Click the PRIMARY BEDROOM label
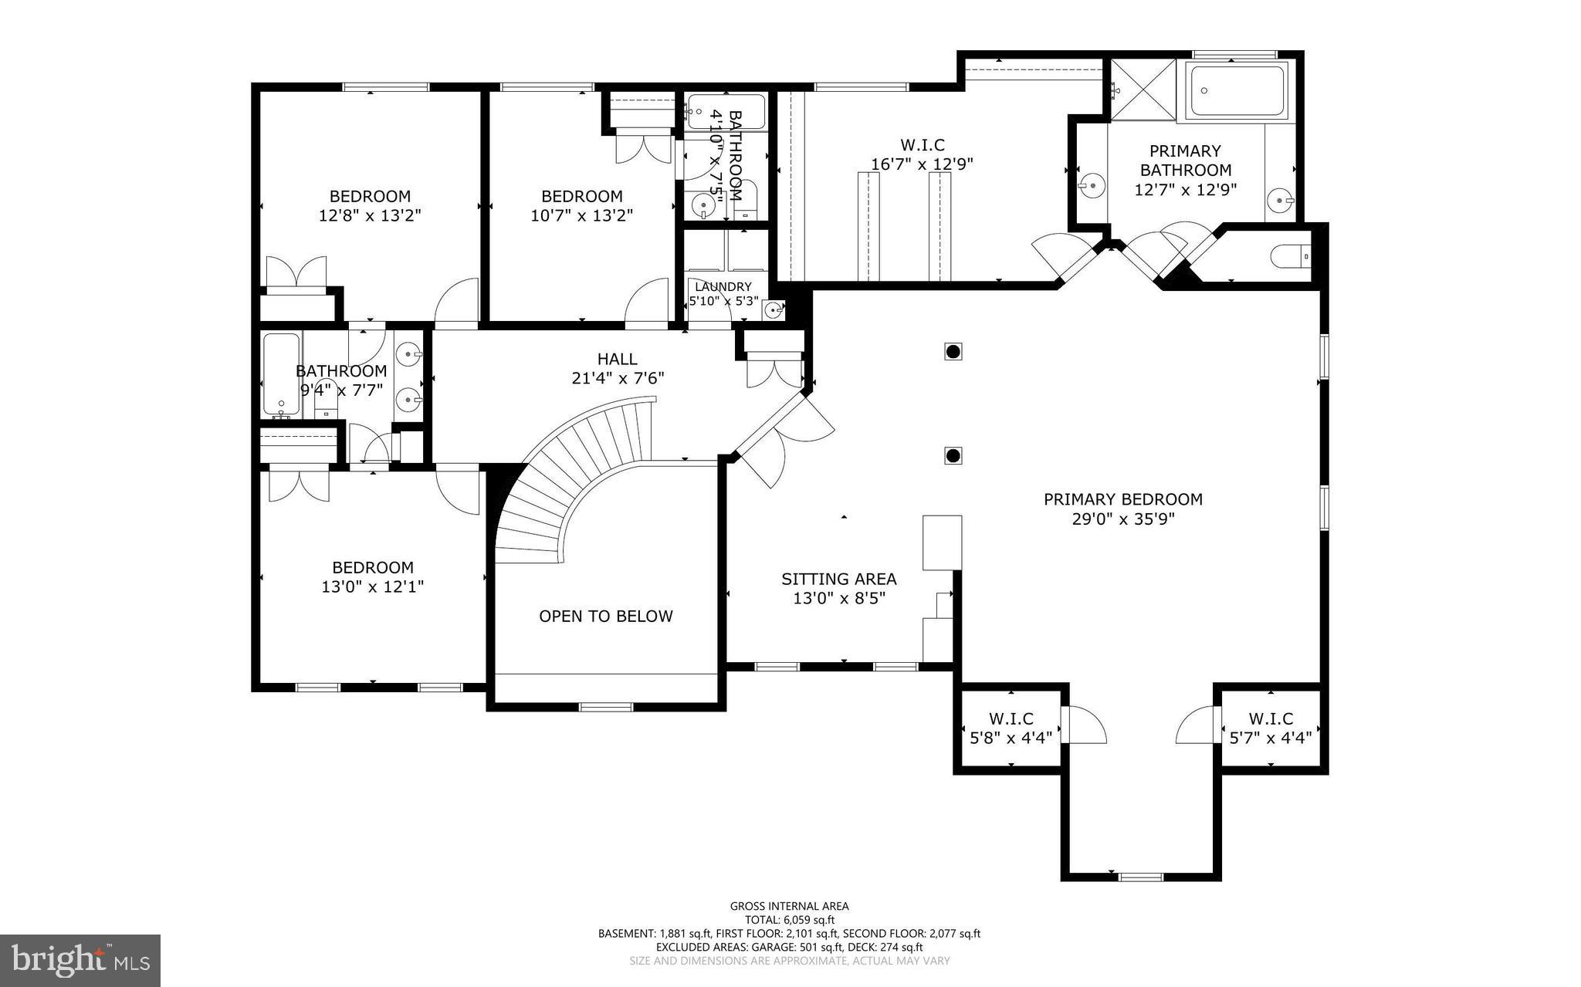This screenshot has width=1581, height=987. click(x=1123, y=499)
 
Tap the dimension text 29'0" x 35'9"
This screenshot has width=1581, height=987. click(x=1123, y=519)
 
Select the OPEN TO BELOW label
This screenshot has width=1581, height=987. click(x=606, y=616)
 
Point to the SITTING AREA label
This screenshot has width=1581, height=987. click(x=839, y=579)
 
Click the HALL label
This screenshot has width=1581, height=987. click(x=618, y=359)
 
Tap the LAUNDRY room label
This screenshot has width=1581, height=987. click(x=723, y=287)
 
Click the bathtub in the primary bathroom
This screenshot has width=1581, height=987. click(x=1237, y=91)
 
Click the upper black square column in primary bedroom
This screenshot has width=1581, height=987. click(x=953, y=352)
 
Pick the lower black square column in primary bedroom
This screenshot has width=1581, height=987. click(x=953, y=455)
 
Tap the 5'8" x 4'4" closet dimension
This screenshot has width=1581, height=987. click(x=1011, y=738)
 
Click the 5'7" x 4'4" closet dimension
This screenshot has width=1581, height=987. click(x=1271, y=738)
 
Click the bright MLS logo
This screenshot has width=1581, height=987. click(x=80, y=961)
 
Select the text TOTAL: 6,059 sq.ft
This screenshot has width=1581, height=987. click(x=790, y=920)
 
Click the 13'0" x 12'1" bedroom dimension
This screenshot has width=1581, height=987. click(x=373, y=587)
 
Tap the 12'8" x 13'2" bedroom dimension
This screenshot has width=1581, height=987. click(x=370, y=215)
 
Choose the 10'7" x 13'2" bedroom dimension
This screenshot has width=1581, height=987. click(x=582, y=215)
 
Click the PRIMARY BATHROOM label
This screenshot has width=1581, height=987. click(x=1186, y=161)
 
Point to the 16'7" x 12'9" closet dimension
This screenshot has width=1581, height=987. click(x=923, y=164)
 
